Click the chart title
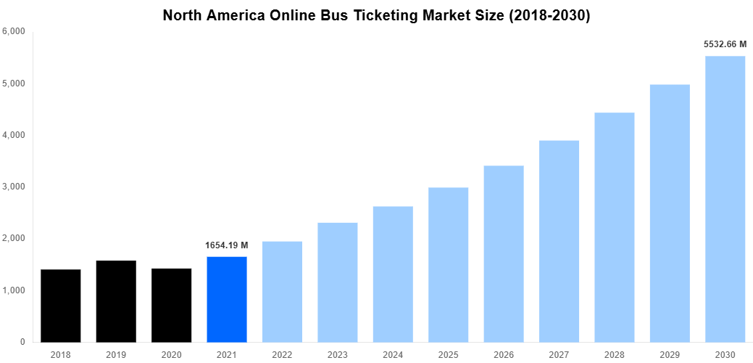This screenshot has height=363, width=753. (x=376, y=15)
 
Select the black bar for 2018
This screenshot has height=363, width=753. (x=60, y=306)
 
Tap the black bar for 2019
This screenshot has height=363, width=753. (x=116, y=301)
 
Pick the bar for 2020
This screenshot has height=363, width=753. (x=171, y=305)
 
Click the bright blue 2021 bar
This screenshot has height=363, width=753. (x=227, y=299)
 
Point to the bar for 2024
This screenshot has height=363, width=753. (x=393, y=274)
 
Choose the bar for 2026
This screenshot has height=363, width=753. (x=504, y=254)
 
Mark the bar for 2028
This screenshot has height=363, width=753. (x=615, y=227)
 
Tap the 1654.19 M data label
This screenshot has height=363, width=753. (x=227, y=245)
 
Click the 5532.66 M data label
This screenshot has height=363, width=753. (x=725, y=44)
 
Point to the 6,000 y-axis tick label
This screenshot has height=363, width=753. (x=14, y=32)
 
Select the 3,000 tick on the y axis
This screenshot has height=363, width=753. (x=14, y=187)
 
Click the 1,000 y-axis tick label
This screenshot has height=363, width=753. (x=14, y=290)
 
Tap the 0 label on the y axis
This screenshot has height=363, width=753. (x=22, y=342)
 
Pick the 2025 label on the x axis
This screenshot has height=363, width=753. (x=448, y=354)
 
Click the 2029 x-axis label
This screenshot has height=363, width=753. (x=670, y=354)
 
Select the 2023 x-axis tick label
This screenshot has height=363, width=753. (x=338, y=354)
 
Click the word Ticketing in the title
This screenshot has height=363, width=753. (x=395, y=15)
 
